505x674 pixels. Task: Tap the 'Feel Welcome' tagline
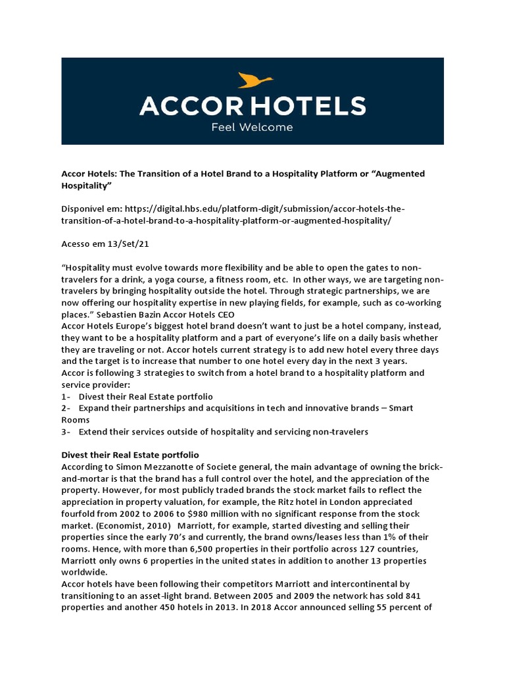pos(252,126)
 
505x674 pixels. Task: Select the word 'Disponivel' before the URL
pos(84,208)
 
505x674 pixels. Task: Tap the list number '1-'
pos(66,397)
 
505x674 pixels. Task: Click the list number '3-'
pos(66,432)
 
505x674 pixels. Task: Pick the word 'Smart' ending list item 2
pos(400,409)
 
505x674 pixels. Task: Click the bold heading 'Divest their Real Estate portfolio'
pos(130,455)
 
